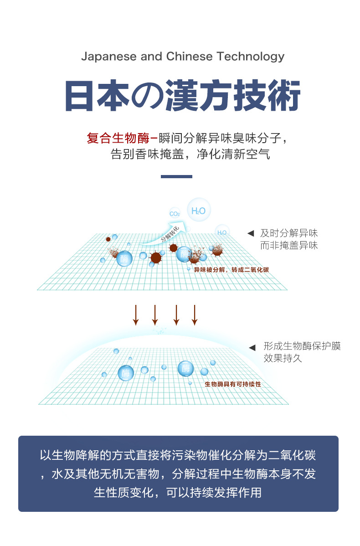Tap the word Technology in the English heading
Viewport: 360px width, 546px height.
pos(250,57)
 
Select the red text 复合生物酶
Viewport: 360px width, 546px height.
pos(118,138)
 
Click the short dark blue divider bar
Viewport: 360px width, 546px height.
pos(176,176)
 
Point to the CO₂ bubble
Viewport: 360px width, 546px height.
pos(175,213)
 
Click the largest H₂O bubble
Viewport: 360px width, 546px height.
pos(199,210)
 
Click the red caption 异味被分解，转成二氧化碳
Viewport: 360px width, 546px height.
pos(231,270)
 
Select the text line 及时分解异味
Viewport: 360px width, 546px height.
pos(288,233)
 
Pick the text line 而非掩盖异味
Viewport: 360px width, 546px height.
pos(288,246)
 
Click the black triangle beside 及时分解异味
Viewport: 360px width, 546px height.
pos(250,234)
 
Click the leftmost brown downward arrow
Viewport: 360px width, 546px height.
pos(135,315)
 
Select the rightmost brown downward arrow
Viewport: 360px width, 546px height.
pos(195,315)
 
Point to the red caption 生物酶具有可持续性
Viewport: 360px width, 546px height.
pos(233,384)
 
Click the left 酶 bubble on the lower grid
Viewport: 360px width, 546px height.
pos(126,373)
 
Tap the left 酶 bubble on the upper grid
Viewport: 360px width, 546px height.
pos(124,259)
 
